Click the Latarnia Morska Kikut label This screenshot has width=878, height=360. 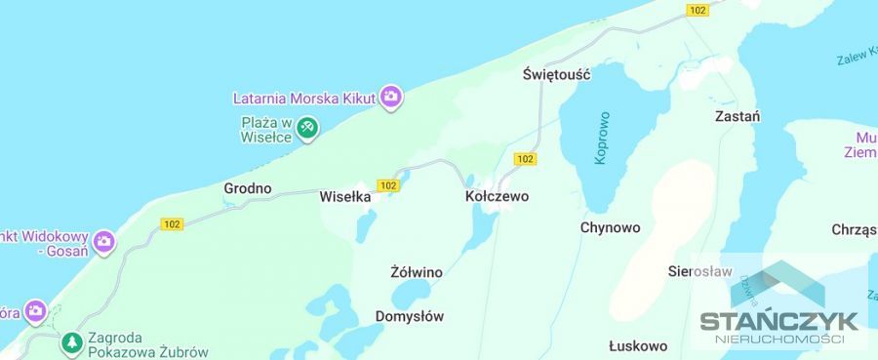click(x=305, y=98)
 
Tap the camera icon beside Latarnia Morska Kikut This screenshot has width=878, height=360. click(x=391, y=97)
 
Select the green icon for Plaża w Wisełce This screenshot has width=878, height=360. click(x=307, y=127)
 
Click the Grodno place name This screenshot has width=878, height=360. click(x=248, y=188)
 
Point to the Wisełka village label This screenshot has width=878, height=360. click(x=345, y=196)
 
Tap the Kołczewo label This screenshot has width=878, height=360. click(x=497, y=196)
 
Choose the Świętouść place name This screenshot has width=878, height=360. click(x=557, y=74)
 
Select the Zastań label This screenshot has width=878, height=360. click(x=738, y=115)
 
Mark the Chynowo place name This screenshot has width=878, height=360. click(x=610, y=228)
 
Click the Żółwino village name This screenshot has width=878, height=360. click(x=417, y=272)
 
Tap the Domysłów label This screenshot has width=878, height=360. click(x=410, y=316)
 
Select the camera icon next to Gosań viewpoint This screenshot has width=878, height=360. click(x=104, y=240)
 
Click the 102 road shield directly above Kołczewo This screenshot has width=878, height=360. click(x=525, y=159)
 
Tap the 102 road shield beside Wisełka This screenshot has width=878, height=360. click(x=388, y=184)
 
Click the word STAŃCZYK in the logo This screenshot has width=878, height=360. click(x=778, y=321)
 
